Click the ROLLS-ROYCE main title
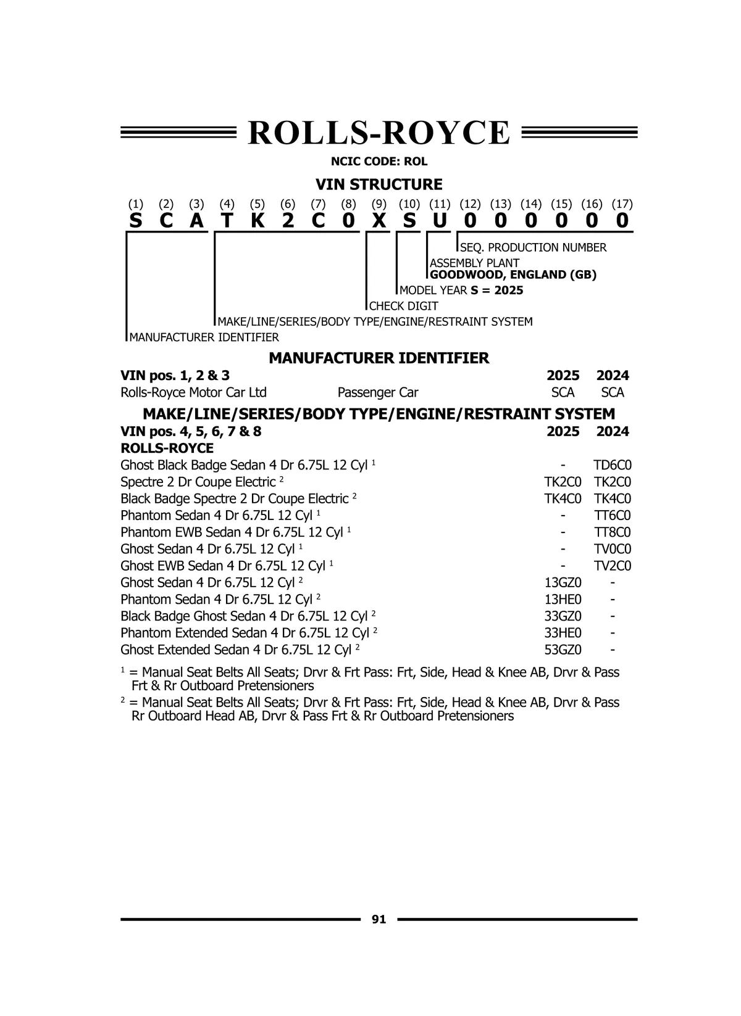[379, 133]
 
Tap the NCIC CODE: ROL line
[379, 162]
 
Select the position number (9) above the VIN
[379, 204]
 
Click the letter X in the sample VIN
[379, 221]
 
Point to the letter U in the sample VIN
[439, 221]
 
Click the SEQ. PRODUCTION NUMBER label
[533, 247]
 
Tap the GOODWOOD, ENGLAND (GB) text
[513, 275]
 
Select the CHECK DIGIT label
[403, 306]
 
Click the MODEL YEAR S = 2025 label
[461, 291]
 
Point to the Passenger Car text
[378, 393]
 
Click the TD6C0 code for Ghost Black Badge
[612, 465]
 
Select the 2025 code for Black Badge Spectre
[563, 498]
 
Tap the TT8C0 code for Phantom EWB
[612, 532]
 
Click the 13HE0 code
[563, 600]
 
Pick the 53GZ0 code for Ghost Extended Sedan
[563, 650]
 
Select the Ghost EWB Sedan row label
[222, 566]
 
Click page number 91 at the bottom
[379, 919]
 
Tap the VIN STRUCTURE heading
[379, 184]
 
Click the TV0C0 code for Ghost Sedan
[612, 549]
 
